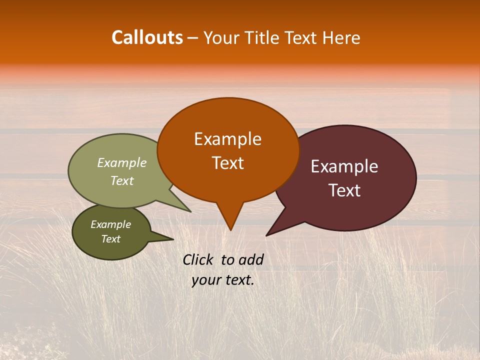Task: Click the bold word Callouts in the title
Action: (x=147, y=37)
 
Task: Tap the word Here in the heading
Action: (x=342, y=37)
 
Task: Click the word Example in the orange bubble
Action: (x=227, y=139)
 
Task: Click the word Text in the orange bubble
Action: (x=227, y=163)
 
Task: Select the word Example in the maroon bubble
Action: (x=344, y=166)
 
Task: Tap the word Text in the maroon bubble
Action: (x=344, y=190)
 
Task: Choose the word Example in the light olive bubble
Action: (x=121, y=162)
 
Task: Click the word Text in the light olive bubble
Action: (x=121, y=180)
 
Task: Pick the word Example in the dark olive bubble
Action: (x=110, y=224)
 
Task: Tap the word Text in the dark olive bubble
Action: (x=110, y=239)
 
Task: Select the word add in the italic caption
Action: (x=251, y=259)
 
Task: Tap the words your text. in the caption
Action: (x=223, y=280)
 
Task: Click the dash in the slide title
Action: (x=193, y=38)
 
